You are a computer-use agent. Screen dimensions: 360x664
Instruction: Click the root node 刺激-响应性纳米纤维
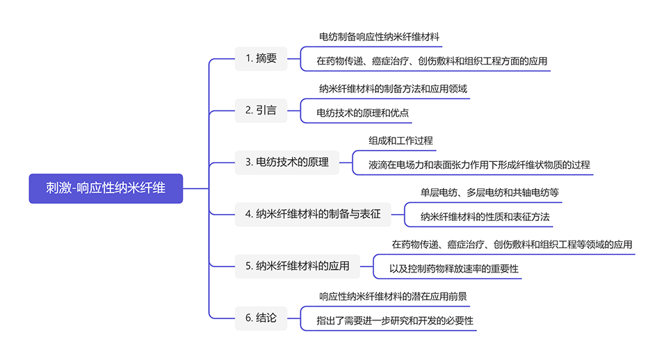click(x=106, y=188)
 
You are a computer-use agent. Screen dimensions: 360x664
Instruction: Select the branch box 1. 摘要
click(x=261, y=58)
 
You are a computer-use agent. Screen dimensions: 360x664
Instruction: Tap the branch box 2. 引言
click(x=261, y=110)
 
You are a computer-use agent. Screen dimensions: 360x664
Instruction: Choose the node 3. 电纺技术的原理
click(x=287, y=163)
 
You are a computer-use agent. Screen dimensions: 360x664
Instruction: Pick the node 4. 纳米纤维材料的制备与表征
click(x=313, y=214)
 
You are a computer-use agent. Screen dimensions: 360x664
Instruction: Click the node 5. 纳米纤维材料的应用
click(x=298, y=265)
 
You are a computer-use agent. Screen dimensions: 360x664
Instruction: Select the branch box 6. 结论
click(x=261, y=318)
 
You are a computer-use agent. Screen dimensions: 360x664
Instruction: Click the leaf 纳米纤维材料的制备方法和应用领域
click(x=393, y=88)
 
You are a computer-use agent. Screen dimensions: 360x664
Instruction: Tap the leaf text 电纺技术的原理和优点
click(x=362, y=113)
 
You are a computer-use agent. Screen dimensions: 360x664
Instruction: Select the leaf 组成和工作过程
click(x=400, y=140)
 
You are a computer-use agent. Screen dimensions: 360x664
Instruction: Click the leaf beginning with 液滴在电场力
click(x=479, y=165)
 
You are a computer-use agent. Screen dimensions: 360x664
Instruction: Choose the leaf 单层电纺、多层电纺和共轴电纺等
click(x=489, y=192)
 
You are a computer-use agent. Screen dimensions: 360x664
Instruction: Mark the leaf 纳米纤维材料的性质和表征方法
click(x=485, y=217)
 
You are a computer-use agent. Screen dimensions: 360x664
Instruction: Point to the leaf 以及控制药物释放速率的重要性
click(x=454, y=269)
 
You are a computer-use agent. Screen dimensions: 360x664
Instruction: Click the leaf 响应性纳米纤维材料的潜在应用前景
click(x=393, y=296)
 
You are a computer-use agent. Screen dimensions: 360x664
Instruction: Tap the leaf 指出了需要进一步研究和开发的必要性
click(x=395, y=321)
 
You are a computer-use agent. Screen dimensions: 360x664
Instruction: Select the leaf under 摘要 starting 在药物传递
click(x=432, y=61)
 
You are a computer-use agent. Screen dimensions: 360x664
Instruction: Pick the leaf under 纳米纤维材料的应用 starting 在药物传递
click(x=512, y=245)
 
